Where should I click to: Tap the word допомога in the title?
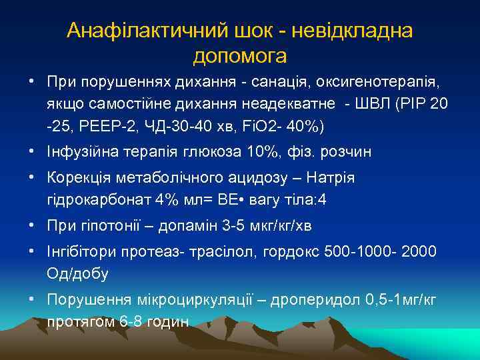tap(240, 56)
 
